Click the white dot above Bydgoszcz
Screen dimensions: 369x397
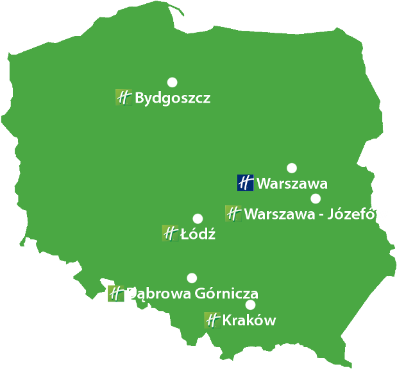pyautogui.click(x=172, y=82)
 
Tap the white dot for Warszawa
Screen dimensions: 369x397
pyautogui.click(x=292, y=168)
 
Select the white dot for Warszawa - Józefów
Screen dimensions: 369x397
pyautogui.click(x=316, y=198)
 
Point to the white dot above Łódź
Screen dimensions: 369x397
pyautogui.click(x=198, y=218)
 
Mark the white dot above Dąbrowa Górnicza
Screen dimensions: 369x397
pyautogui.click(x=192, y=278)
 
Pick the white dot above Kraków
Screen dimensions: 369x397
pyautogui.click(x=250, y=304)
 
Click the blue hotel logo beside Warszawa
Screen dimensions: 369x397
pyautogui.click(x=246, y=183)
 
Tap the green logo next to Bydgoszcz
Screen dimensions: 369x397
pyautogui.click(x=123, y=98)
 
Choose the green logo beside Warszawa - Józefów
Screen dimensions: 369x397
pyautogui.click(x=233, y=213)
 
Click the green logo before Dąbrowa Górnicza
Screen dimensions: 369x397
pyautogui.click(x=116, y=293)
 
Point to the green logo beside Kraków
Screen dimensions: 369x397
pyautogui.click(x=212, y=320)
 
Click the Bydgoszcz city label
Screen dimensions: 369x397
pyautogui.click(x=173, y=99)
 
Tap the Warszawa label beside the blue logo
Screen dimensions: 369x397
pyautogui.click(x=292, y=184)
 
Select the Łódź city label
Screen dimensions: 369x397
pyautogui.click(x=198, y=234)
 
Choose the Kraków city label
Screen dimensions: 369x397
pyautogui.click(x=249, y=320)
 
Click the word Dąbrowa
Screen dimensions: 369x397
pyautogui.click(x=158, y=294)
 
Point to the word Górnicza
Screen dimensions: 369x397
pyautogui.click(x=226, y=294)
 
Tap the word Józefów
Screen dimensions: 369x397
pyautogui.click(x=358, y=214)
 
